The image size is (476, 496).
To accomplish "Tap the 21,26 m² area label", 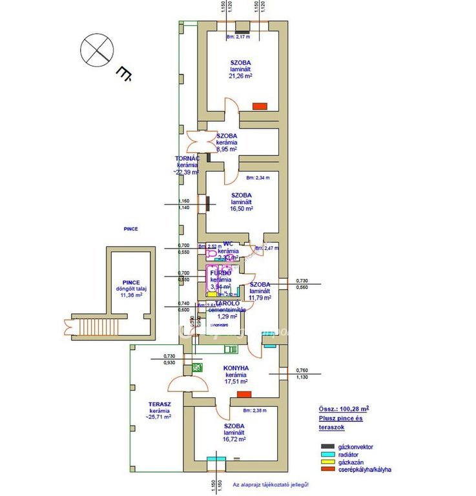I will (240, 76).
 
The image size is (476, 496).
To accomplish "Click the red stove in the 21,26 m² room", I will (260, 106).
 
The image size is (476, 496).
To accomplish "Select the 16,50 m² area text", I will (240, 209).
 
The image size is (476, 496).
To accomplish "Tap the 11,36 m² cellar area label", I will (131, 296).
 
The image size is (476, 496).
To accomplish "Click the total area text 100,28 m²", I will (344, 409).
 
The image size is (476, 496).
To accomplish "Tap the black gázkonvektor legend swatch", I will (329, 446).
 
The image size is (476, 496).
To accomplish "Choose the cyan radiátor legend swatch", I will (329, 454).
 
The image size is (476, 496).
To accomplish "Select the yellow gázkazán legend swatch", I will (329, 462).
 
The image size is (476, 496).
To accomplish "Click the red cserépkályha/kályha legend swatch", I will (329, 470).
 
